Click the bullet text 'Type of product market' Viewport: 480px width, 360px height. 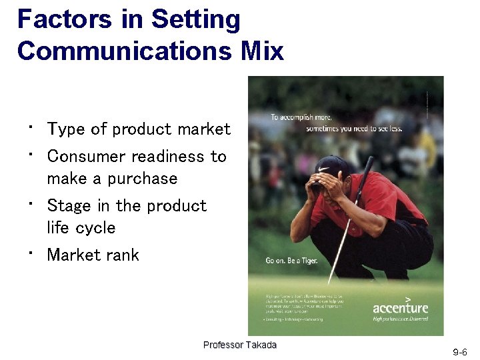click(x=139, y=129)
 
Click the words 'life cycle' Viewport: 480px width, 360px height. click(x=81, y=228)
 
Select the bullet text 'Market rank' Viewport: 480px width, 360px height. click(x=93, y=255)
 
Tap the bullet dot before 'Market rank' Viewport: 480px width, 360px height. click(x=31, y=252)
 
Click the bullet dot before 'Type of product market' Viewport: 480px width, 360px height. click(x=31, y=126)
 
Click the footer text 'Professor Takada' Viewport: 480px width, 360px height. click(x=239, y=345)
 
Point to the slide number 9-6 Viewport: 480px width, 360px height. click(x=460, y=351)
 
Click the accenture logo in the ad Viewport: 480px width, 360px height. click(x=400, y=307)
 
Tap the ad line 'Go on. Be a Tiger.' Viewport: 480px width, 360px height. click(x=291, y=260)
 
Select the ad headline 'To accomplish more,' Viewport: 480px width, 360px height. click(x=301, y=117)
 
